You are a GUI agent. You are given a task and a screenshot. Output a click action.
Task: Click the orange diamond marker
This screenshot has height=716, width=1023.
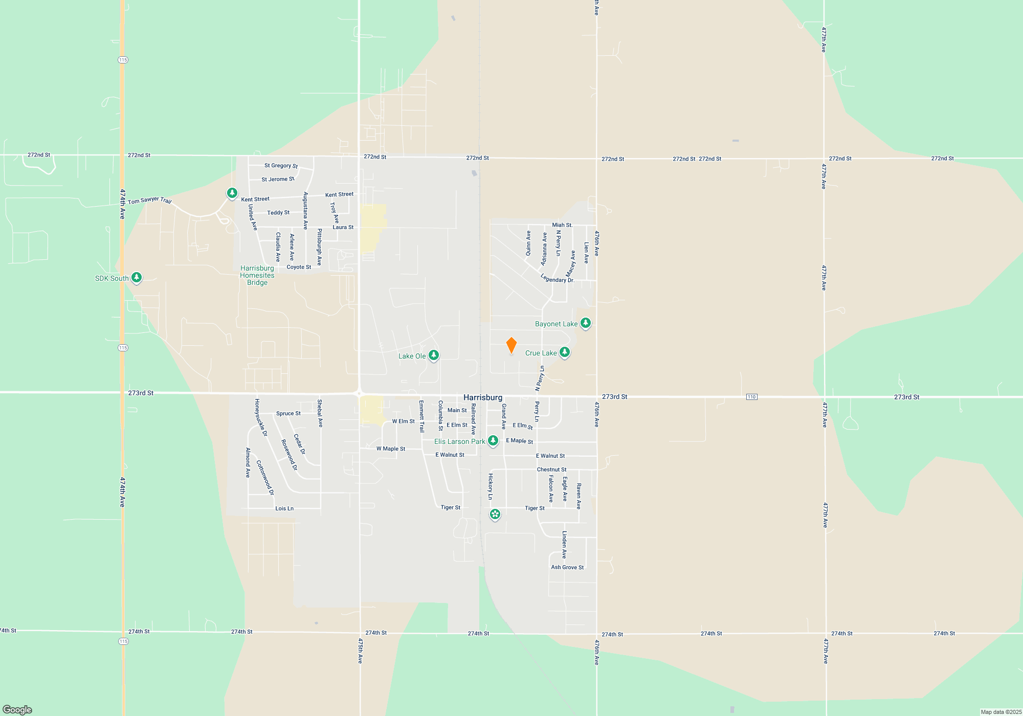click(511, 345)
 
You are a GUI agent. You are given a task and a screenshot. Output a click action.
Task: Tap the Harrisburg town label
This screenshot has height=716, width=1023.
click(483, 397)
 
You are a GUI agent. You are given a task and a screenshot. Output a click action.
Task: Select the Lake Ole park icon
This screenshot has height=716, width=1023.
click(434, 355)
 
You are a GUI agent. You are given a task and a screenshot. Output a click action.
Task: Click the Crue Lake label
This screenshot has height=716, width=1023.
click(541, 353)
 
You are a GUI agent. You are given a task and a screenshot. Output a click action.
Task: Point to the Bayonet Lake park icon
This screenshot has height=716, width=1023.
click(586, 323)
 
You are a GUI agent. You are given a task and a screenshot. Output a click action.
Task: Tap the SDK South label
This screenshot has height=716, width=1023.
click(112, 278)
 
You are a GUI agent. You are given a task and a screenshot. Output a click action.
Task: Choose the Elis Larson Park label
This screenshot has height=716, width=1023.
click(459, 441)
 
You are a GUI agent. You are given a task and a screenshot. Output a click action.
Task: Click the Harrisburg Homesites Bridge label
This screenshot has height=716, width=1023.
click(257, 275)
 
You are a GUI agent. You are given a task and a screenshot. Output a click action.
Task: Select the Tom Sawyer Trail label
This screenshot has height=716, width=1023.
click(149, 200)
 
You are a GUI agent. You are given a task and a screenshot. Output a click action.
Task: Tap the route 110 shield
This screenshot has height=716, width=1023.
click(751, 397)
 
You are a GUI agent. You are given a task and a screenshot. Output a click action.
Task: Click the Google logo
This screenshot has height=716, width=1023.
click(17, 709)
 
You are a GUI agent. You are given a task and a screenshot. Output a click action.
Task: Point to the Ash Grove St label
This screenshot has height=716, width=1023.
click(567, 567)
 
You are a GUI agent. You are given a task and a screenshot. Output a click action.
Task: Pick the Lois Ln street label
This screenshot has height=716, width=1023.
click(284, 508)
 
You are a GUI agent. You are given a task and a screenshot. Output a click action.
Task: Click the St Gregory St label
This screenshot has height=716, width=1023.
click(281, 166)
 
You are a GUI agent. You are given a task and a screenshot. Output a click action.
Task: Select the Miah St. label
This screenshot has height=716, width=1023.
click(562, 225)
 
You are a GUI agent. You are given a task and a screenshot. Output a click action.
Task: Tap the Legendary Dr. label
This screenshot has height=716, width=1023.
click(558, 279)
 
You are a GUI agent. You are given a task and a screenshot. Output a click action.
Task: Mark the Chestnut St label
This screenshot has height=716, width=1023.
click(551, 469)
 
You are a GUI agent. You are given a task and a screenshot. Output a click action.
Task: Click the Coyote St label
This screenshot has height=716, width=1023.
click(299, 267)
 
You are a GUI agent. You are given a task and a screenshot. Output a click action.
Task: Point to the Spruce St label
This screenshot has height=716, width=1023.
click(288, 413)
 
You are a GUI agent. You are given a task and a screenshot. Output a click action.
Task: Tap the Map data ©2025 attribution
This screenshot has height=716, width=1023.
click(1001, 712)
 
